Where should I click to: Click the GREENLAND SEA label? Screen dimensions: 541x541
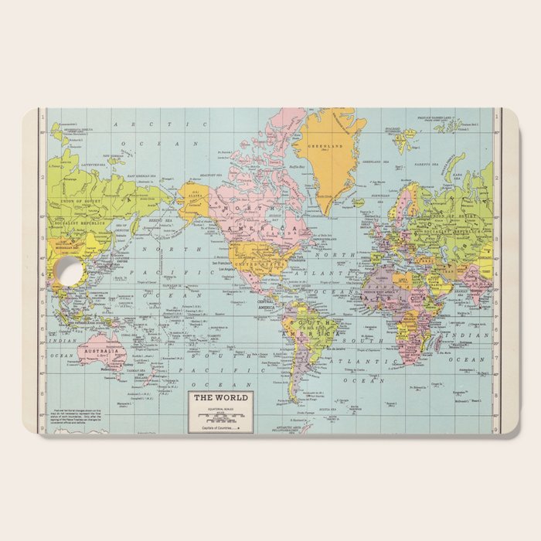pos(376,162)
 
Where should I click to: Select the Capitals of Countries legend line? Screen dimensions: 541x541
pos(220,427)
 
